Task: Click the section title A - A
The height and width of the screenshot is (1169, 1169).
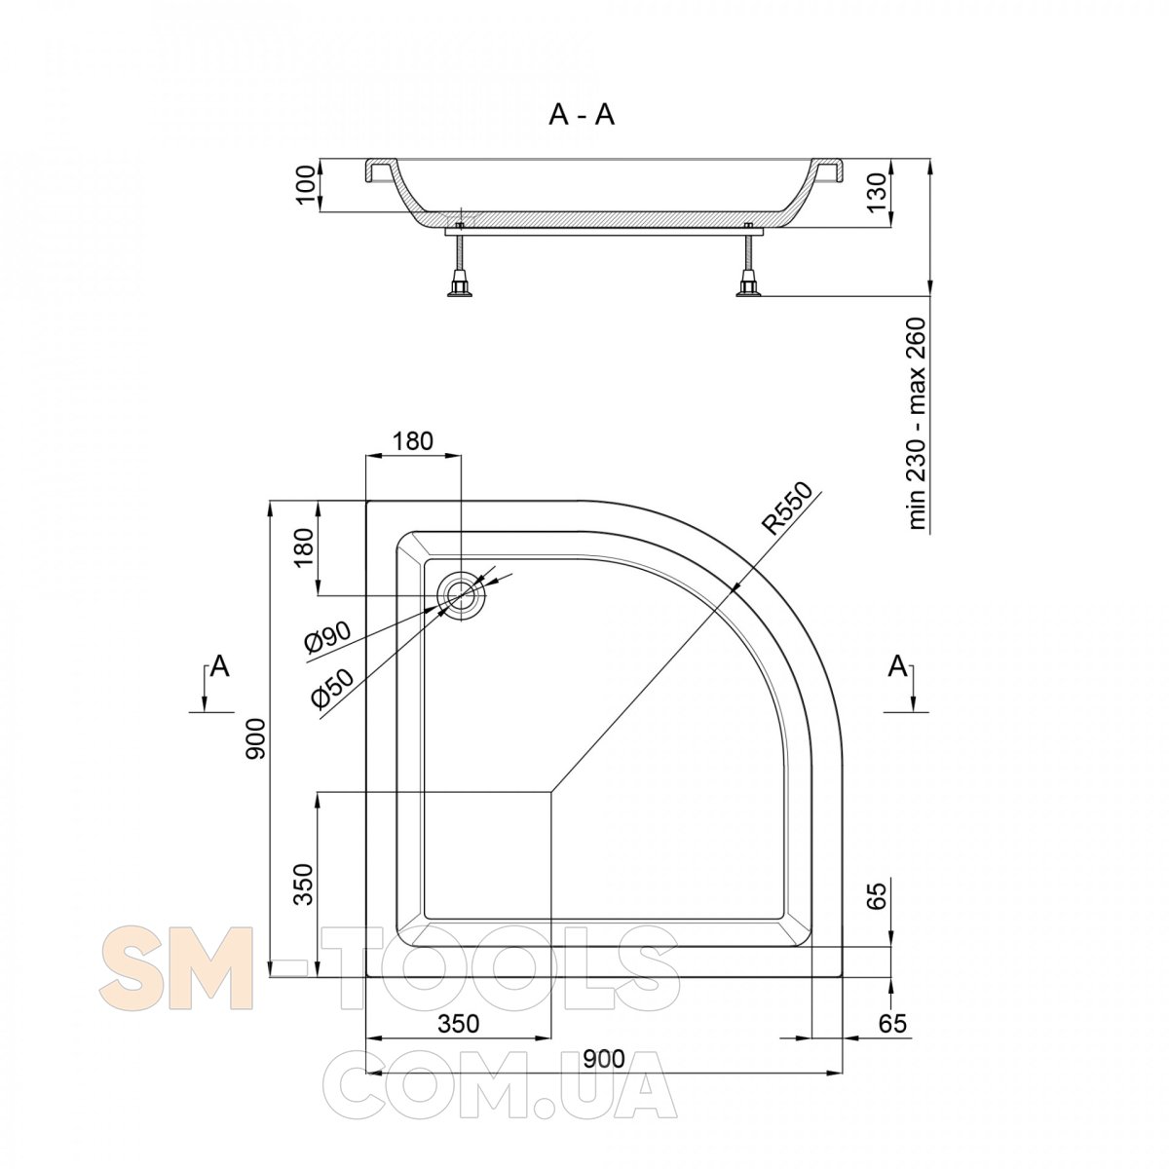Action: pyautogui.click(x=582, y=115)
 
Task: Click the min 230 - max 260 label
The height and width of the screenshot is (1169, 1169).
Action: pyautogui.click(x=918, y=424)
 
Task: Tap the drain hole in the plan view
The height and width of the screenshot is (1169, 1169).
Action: pyautogui.click(x=463, y=595)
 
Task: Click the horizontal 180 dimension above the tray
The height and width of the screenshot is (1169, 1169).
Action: pyautogui.click(x=413, y=441)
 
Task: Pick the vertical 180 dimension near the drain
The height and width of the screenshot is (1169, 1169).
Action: pyautogui.click(x=305, y=547)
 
